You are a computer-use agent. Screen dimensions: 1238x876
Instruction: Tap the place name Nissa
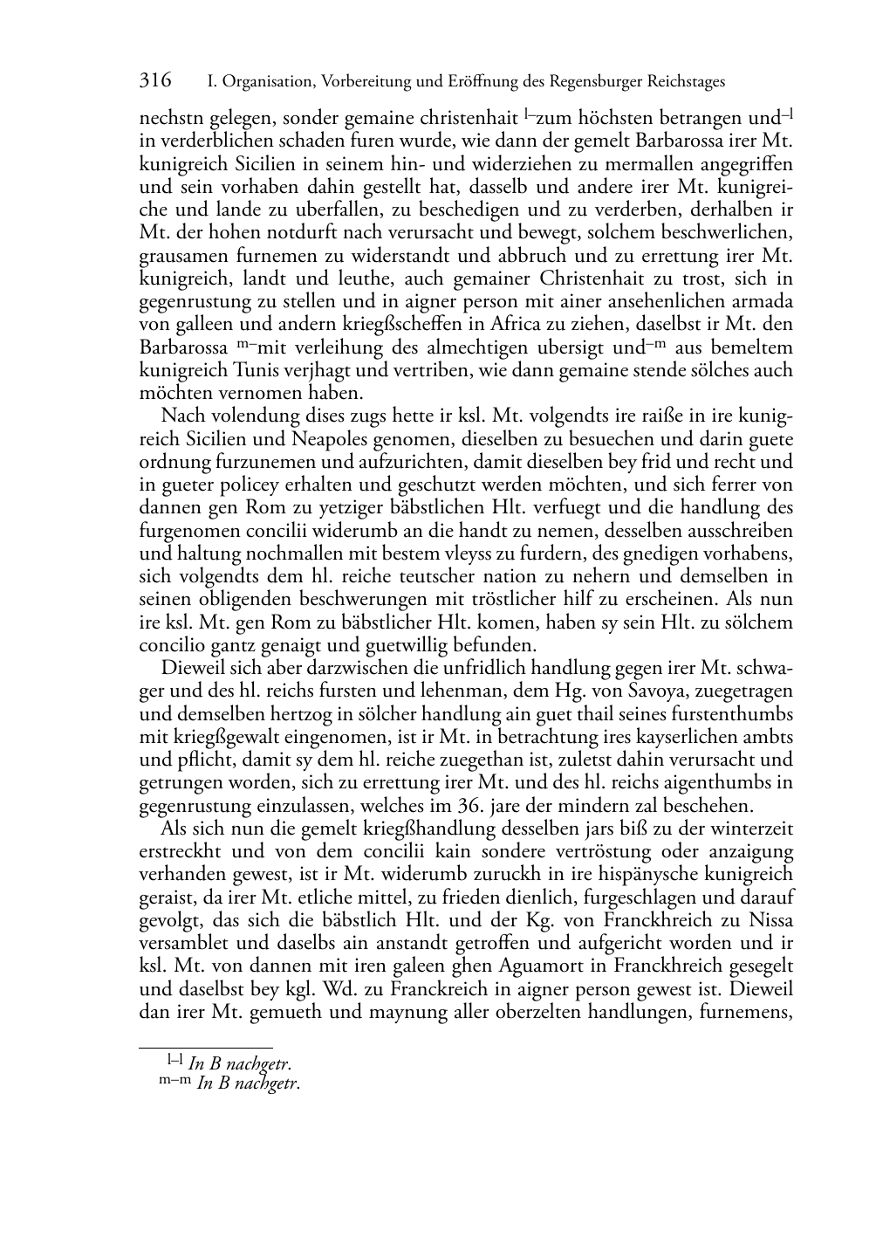(x=768, y=921)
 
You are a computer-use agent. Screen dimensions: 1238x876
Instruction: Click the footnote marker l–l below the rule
(x=175, y=1061)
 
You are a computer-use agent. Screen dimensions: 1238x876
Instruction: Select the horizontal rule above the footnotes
(x=206, y=1045)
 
